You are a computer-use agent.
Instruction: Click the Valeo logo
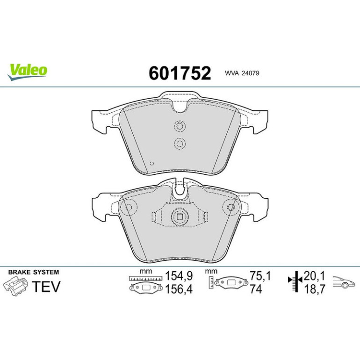(27, 72)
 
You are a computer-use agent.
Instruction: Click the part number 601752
(180, 73)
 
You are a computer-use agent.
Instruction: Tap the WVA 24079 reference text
(242, 73)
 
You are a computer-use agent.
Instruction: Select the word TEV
(46, 286)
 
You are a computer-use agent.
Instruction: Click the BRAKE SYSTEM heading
(34, 272)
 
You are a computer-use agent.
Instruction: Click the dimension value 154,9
(179, 276)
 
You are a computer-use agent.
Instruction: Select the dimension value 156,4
(179, 289)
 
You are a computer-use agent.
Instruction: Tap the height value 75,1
(260, 276)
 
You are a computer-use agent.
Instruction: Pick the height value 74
(256, 289)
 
